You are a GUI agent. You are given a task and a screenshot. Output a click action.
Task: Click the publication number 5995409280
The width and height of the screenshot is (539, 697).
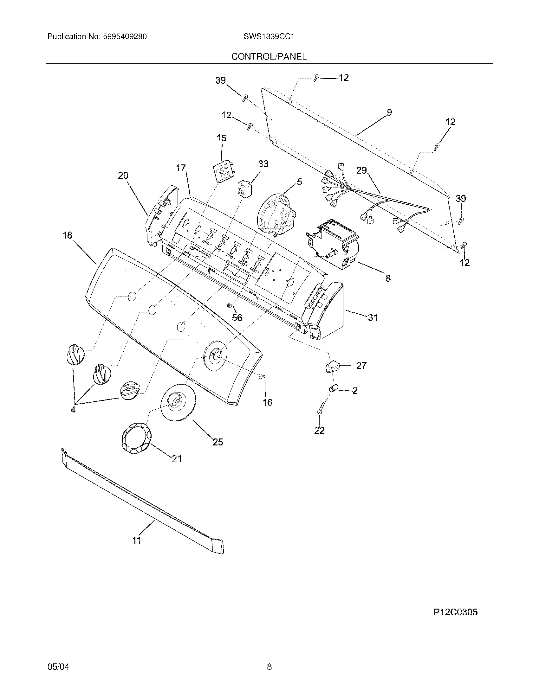pyautogui.click(x=125, y=37)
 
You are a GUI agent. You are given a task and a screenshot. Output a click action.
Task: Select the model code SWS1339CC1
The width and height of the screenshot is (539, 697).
pyautogui.click(x=269, y=37)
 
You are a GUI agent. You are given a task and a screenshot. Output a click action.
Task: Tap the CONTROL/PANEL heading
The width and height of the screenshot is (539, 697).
pyautogui.click(x=269, y=57)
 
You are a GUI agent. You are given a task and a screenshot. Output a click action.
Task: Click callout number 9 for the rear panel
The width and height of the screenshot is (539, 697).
pyautogui.click(x=389, y=112)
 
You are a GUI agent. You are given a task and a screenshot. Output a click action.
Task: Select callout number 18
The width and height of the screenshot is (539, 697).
pyautogui.click(x=67, y=235)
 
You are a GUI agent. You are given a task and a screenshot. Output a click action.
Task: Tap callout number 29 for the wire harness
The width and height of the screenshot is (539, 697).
pyautogui.click(x=361, y=171)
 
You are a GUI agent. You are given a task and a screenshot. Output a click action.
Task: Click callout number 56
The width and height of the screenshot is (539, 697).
pyautogui.click(x=237, y=317)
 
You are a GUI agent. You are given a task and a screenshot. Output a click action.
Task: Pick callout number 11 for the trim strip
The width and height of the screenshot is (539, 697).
pyautogui.click(x=137, y=540)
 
